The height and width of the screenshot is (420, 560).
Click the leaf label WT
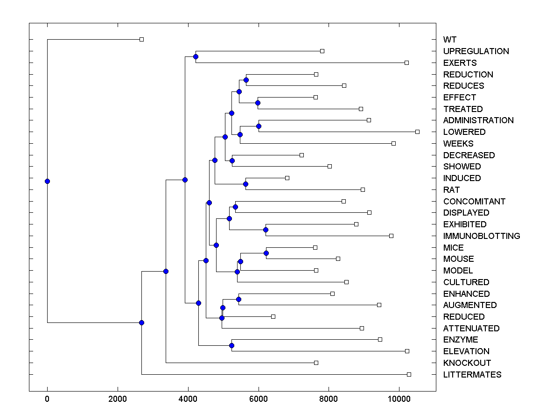pyautogui.click(x=450, y=40)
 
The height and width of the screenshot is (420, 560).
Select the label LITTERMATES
pyautogui.click(x=472, y=375)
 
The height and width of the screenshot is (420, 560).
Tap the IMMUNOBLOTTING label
pyautogui.click(x=482, y=236)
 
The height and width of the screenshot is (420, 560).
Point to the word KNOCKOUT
pyautogui.click(x=467, y=363)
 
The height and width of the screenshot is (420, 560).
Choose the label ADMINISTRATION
pyautogui.click(x=478, y=120)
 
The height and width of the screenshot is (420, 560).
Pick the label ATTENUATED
pyautogui.click(x=471, y=329)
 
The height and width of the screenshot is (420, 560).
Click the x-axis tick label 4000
pyautogui.click(x=188, y=399)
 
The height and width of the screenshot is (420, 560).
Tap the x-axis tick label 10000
pyautogui.click(x=399, y=399)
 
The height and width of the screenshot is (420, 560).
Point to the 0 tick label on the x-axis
pyautogui.click(x=47, y=399)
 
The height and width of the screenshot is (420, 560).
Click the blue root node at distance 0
pyautogui.click(x=47, y=181)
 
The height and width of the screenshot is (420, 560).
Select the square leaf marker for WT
pyautogui.click(x=142, y=40)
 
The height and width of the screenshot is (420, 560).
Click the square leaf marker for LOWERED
pyautogui.click(x=417, y=132)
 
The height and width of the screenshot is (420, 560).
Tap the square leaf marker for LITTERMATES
pyautogui.click(x=409, y=374)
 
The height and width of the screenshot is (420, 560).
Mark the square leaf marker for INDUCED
pyautogui.click(x=287, y=178)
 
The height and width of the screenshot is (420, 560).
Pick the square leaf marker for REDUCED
pyautogui.click(x=273, y=317)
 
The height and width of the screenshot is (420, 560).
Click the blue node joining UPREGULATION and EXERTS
pyautogui.click(x=196, y=57)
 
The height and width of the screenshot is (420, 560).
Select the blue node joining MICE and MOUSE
pyautogui.click(x=266, y=253)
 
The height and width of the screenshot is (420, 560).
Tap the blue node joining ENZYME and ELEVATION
pyautogui.click(x=231, y=345)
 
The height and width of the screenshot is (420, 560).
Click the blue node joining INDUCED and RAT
pyautogui.click(x=246, y=184)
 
